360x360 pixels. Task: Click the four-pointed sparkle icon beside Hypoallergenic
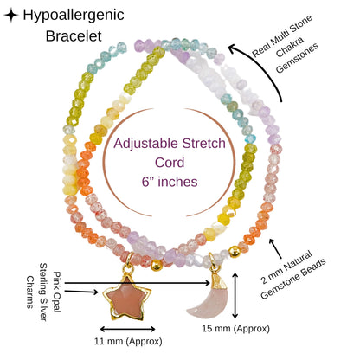(11, 15)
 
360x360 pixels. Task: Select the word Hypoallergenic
(74, 15)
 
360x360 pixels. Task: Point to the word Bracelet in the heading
(74, 36)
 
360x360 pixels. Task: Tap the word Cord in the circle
(170, 163)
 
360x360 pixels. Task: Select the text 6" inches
(170, 182)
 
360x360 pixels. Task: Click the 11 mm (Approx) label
(128, 342)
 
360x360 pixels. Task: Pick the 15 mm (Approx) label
(235, 328)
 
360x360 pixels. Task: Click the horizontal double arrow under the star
(128, 329)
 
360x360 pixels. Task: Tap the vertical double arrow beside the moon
(235, 295)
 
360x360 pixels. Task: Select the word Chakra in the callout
(290, 47)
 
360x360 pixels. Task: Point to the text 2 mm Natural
(286, 267)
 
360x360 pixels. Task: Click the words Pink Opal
(57, 292)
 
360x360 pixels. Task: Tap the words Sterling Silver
(43, 292)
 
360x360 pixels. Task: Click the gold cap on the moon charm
(220, 280)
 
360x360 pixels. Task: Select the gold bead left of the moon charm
(157, 265)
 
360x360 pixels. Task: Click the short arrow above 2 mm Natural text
(275, 248)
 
